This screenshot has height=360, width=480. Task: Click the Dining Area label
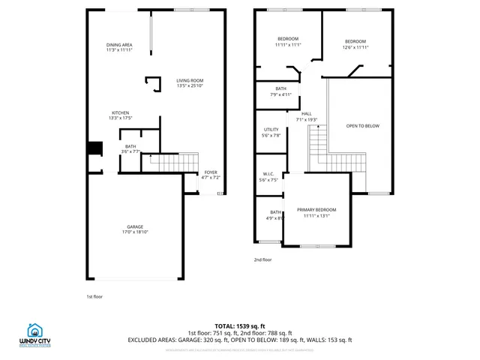pos(118,47)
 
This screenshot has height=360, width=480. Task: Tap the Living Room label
pos(190,83)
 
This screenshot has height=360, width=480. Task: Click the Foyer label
pos(211,175)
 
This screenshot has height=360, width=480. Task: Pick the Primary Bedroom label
pos(316,213)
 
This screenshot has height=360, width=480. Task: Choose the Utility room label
pos(271,133)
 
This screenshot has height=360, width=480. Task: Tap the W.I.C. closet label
pos(268,177)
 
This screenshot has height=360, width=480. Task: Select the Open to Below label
pos(362,126)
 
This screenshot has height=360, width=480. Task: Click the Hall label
pos(307,116)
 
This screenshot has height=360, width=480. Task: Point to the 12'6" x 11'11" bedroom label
pos(355,44)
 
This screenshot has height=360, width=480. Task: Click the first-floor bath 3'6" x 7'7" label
pos(130,148)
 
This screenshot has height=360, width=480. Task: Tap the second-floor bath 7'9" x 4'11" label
pos(280,91)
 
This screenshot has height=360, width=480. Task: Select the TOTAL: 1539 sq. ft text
pos(240,326)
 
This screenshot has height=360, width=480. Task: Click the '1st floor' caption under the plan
pos(94,296)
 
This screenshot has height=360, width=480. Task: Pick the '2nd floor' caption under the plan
pos(262,259)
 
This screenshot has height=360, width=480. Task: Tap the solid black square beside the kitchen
pos(95,148)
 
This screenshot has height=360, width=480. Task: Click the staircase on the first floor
pos(172,161)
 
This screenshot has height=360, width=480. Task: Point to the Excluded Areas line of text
pos(240,340)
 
